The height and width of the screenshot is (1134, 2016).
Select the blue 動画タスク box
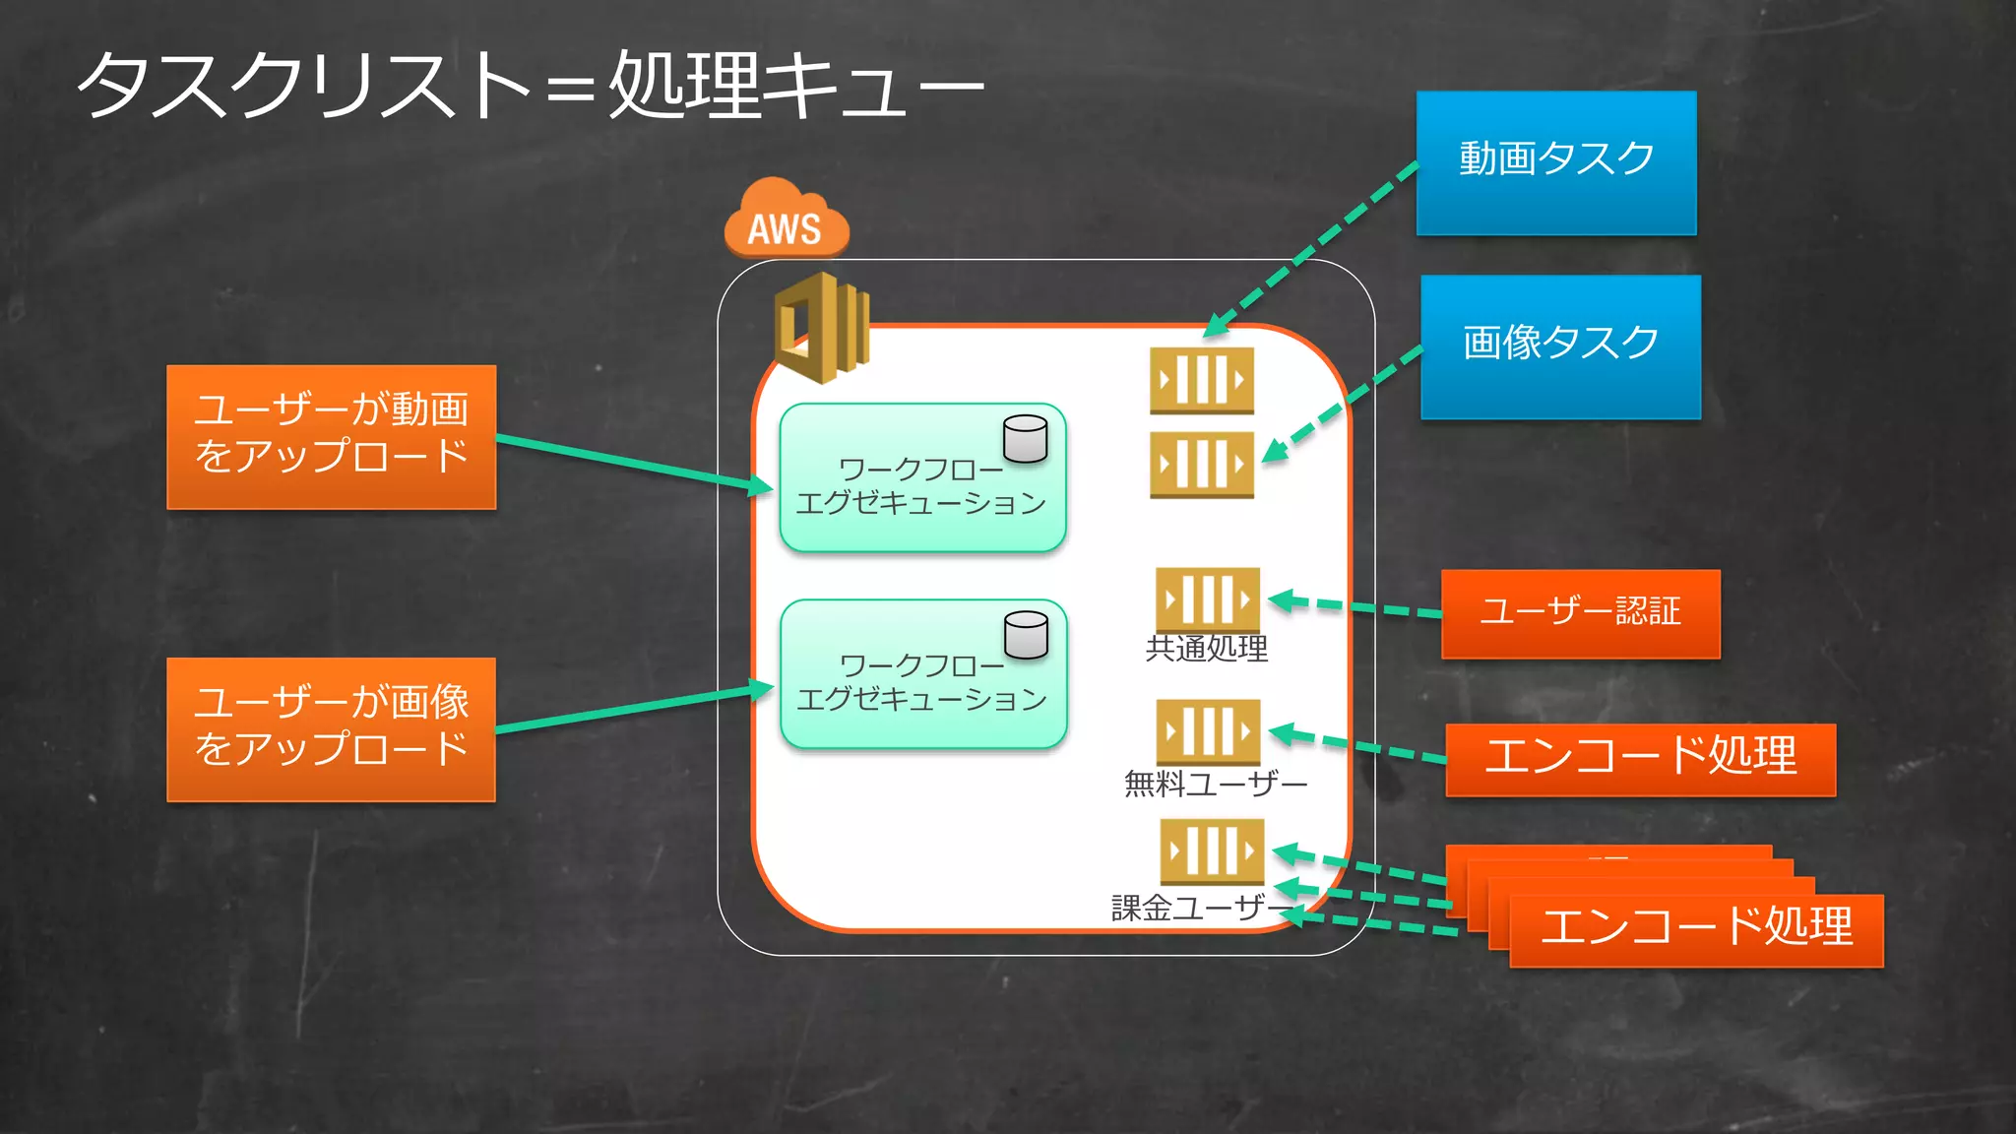pos(1556,162)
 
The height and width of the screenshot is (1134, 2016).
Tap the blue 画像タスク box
pos(1560,346)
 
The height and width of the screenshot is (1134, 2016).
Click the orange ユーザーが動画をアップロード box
pos(331,436)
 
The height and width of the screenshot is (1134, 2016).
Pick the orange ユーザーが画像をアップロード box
pos(331,728)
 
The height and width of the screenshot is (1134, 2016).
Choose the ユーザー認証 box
pos(1580,613)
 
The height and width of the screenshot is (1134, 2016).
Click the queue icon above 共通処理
pos(1207,598)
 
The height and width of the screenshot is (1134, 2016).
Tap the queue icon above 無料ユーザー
pos(1208,731)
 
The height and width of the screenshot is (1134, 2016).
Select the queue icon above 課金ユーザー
pos(1212,850)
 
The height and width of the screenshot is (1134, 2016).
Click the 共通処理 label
pos(1207,649)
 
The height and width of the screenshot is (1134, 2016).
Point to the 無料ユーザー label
pos(1216,784)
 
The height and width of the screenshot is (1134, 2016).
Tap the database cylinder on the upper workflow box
pos(1025,439)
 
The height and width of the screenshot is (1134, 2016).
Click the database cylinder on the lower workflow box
pos(1026,635)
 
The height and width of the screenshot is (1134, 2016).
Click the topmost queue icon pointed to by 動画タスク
pos(1202,380)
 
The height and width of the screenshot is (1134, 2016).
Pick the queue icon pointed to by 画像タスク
pos(1202,464)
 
